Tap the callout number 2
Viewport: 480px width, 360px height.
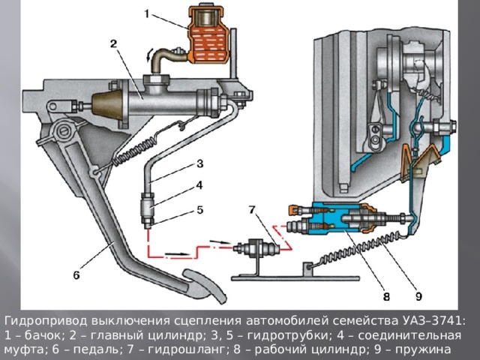tap(113, 44)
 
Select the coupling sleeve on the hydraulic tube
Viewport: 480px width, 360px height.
tap(149, 203)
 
